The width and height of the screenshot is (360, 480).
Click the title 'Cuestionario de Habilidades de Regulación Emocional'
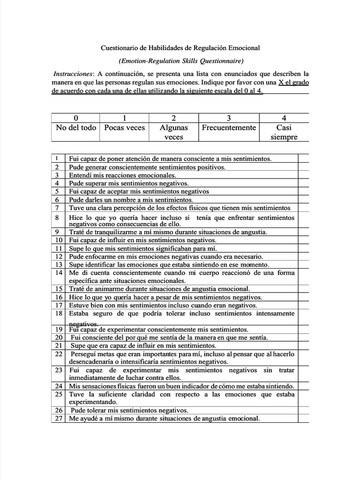point(180,48)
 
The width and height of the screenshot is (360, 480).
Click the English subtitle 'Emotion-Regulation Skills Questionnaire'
point(181,61)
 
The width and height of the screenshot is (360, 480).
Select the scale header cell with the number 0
point(75,118)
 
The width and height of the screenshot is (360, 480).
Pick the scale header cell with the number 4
point(284,118)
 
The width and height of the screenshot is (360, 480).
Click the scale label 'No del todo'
point(75,127)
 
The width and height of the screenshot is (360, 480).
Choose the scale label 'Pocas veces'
point(124,127)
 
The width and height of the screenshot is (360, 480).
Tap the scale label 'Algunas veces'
point(174,132)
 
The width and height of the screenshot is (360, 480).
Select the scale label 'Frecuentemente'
point(229,127)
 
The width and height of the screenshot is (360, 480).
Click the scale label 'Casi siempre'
point(284,132)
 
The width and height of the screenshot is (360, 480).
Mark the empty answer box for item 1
point(303,159)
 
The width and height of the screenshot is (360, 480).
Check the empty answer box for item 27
point(303,419)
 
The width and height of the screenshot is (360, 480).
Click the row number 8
point(57,218)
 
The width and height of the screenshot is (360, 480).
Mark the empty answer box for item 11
point(303,248)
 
